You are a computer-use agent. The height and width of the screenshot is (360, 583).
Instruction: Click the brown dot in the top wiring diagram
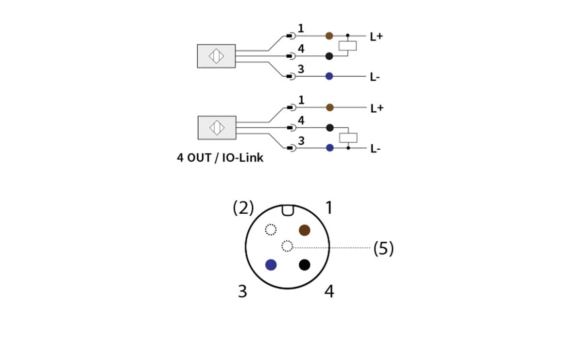tap(329, 35)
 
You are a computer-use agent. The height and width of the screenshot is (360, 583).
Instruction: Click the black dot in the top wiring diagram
tap(329, 56)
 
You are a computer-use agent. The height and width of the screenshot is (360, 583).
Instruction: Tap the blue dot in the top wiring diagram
tap(329, 76)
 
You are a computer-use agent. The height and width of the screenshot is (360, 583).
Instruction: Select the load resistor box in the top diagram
tap(348, 46)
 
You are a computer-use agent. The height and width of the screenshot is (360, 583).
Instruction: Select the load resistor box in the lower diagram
tap(348, 137)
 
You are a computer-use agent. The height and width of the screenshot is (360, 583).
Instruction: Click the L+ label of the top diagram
tap(377, 36)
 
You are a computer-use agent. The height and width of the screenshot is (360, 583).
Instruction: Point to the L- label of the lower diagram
tap(375, 149)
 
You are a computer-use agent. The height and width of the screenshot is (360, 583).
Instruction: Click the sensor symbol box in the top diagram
tap(216, 56)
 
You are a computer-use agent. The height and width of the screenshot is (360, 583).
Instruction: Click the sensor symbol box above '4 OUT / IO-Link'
tap(217, 128)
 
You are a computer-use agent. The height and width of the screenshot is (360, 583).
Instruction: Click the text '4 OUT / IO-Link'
tap(220, 158)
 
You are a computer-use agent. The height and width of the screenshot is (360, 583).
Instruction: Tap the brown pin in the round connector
tap(305, 230)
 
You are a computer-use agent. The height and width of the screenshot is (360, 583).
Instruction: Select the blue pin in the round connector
tap(271, 265)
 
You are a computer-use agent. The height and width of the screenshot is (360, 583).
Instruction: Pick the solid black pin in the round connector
tap(305, 265)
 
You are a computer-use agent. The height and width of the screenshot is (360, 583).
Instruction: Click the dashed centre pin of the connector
tap(287, 246)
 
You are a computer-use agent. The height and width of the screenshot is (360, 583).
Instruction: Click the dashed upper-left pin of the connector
tap(271, 229)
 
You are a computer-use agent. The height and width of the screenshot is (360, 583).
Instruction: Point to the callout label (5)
tap(383, 249)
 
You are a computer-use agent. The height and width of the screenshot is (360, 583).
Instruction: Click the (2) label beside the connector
tap(243, 208)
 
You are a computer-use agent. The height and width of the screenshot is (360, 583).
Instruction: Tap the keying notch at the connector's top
tap(287, 210)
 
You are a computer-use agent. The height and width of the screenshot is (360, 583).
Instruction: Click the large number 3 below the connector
tap(242, 291)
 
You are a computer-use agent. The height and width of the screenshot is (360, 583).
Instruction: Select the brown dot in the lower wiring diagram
tap(330, 107)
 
